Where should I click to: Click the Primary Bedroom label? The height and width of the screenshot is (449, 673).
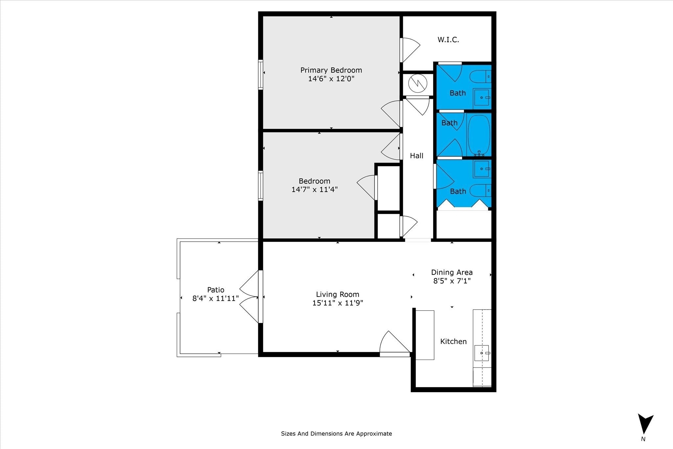click(x=331, y=70)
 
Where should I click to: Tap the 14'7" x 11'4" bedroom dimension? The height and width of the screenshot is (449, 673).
click(x=314, y=190)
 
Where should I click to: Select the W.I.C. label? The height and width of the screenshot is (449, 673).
click(x=448, y=40)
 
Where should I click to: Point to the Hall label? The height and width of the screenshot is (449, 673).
click(x=417, y=156)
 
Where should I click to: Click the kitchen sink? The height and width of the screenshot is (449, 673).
click(x=482, y=353)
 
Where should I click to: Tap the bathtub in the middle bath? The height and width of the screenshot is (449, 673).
click(x=479, y=135)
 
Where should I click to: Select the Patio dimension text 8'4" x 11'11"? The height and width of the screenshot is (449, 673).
click(x=216, y=298)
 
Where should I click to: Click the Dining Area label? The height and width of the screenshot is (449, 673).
click(x=452, y=272)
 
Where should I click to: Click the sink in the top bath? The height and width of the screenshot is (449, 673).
click(x=482, y=98)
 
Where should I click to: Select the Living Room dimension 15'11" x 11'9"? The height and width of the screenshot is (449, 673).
click(x=337, y=303)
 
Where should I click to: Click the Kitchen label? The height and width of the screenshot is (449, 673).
click(x=453, y=342)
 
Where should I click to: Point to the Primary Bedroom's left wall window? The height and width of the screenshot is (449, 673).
click(x=261, y=75)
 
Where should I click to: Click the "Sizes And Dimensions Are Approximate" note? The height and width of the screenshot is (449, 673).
click(x=336, y=434)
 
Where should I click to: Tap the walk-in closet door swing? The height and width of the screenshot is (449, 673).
click(x=410, y=50)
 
